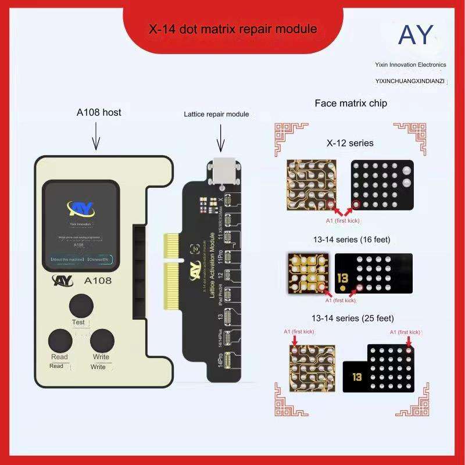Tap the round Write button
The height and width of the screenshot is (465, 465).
(x=102, y=340)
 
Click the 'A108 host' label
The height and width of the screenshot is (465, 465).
(x=99, y=112)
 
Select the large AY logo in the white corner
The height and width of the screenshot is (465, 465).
(x=416, y=35)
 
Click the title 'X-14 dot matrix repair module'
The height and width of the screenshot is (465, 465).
(x=242, y=28)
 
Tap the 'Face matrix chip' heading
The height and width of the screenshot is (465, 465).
(x=350, y=103)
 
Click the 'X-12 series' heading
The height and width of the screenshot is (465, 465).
(x=350, y=142)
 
